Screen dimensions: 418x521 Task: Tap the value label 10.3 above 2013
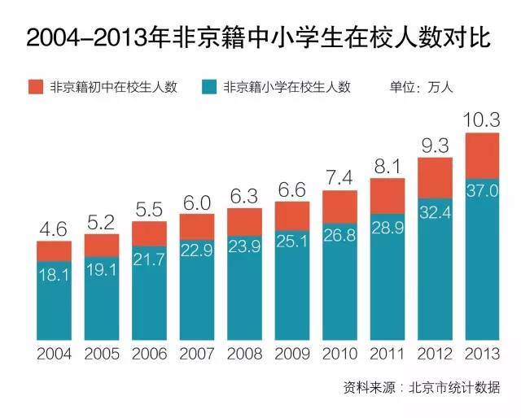tap(482, 121)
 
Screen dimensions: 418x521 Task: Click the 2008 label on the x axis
tap(244, 355)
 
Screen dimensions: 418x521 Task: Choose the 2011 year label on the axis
tap(387, 355)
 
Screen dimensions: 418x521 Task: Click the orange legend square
tap(35, 86)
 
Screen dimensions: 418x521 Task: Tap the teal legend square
tap(211, 86)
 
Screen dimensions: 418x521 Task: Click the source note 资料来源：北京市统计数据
tap(422, 387)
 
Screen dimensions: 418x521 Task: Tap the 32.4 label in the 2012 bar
tap(435, 211)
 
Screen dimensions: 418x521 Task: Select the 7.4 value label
tap(339, 177)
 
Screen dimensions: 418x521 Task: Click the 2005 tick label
tap(102, 355)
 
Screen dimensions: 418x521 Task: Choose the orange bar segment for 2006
tap(149, 233)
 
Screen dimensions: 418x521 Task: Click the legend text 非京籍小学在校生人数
tap(287, 87)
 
